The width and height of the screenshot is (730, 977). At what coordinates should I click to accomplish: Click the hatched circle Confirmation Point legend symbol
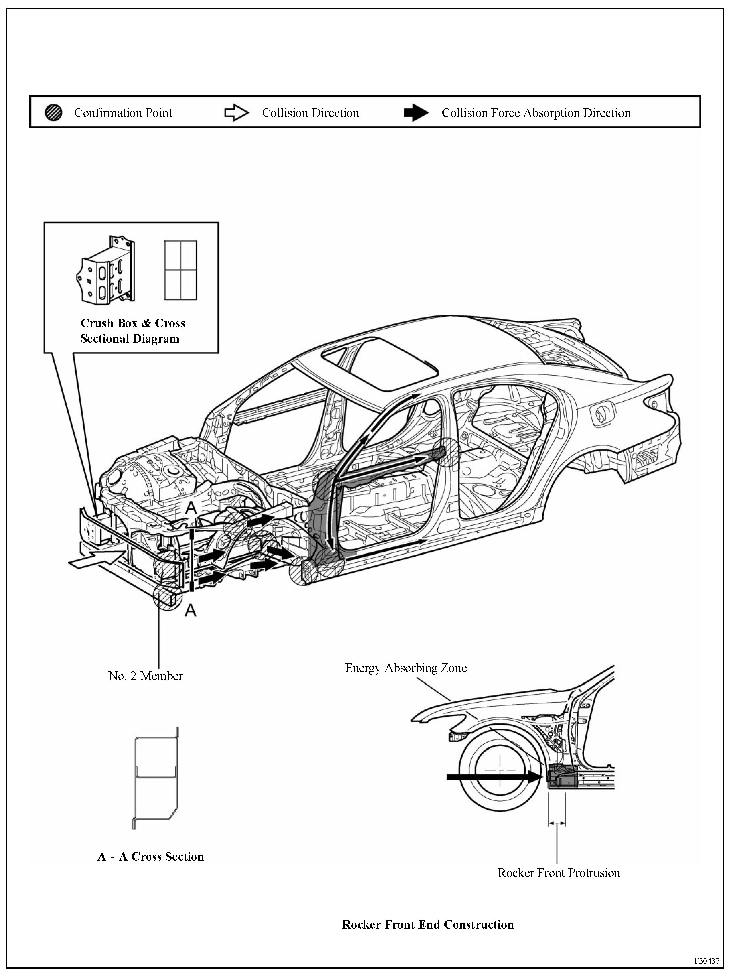click(x=53, y=113)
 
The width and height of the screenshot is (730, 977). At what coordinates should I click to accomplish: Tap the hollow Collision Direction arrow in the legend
click(x=236, y=113)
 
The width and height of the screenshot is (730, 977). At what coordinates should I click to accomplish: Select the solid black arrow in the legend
click(x=416, y=113)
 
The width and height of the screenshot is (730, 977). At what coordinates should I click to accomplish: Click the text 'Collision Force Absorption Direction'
click(x=536, y=113)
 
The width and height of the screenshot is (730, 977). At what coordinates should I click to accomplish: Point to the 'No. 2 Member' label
click(x=146, y=676)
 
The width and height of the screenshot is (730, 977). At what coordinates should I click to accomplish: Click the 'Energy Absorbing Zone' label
click(x=406, y=668)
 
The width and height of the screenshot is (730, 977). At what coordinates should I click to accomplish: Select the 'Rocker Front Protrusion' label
click(x=559, y=873)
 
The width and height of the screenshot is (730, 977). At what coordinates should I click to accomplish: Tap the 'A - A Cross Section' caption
click(x=150, y=856)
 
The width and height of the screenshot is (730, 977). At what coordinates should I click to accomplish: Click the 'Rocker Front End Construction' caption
click(x=428, y=924)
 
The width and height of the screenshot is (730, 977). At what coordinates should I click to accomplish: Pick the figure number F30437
click(x=707, y=961)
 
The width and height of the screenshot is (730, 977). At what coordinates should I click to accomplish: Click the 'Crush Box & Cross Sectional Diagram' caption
click(x=132, y=331)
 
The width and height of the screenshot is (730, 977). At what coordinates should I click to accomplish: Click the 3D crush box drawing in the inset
click(x=105, y=270)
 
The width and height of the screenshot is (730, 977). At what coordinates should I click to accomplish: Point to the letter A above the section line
click(x=190, y=508)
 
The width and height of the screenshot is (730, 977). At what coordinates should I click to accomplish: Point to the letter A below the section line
click(x=190, y=610)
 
